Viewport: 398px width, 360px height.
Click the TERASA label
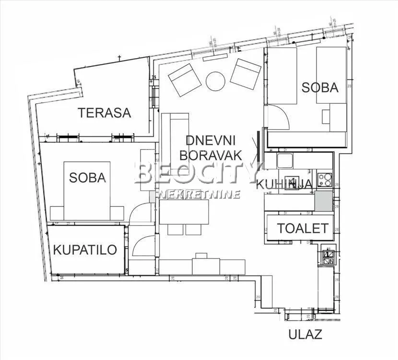coord(105,113)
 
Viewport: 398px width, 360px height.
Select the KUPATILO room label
coord(85,250)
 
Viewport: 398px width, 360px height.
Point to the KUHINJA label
coord(285,183)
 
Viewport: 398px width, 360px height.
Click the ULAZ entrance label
coord(305,334)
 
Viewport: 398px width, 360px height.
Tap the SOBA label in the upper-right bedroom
coord(320,87)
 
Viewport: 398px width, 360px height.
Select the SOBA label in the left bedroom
coord(87,177)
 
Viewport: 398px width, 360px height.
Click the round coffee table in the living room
coord(215,81)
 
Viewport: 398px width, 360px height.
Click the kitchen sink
coord(284,160)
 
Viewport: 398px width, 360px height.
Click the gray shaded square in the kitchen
coord(323,201)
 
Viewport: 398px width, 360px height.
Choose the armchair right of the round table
coord(245,73)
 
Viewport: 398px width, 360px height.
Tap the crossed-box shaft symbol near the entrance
coord(329,257)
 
